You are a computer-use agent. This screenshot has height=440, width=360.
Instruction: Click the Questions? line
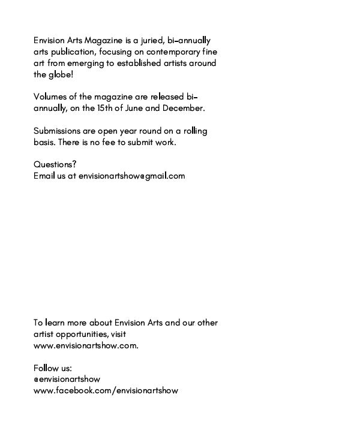tap(55, 165)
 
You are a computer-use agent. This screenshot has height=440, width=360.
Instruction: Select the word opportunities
tap(79, 334)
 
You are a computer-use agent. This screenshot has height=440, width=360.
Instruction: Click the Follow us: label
tap(53, 368)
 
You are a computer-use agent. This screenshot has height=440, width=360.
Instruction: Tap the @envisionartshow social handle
tap(67, 379)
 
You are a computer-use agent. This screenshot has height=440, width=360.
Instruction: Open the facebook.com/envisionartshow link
tap(106, 391)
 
